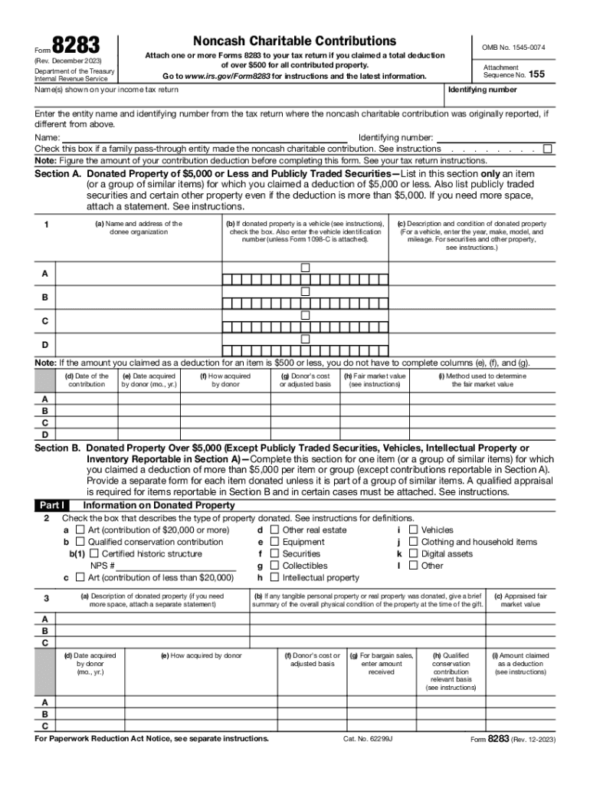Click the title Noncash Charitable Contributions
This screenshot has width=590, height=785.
click(295, 41)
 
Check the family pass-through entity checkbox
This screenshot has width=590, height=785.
click(547, 149)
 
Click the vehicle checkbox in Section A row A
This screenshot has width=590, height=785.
click(305, 268)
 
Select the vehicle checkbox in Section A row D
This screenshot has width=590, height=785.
click(305, 339)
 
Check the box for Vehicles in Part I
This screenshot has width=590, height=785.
click(413, 530)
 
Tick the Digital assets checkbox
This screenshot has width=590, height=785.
click(413, 553)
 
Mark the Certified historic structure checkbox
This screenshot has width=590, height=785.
click(94, 553)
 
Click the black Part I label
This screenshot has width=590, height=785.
click(53, 506)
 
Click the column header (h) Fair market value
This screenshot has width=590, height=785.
click(375, 380)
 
